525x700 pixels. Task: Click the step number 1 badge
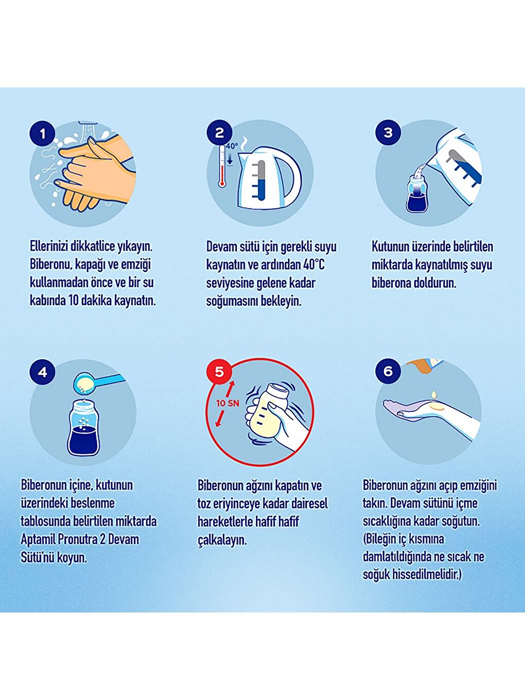tap(42, 134)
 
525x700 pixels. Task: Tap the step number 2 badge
tap(219, 132)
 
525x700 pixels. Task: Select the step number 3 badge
tap(388, 132)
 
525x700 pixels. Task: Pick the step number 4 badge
tap(42, 372)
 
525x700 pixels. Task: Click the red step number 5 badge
tap(219, 371)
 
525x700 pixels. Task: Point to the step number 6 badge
tap(388, 371)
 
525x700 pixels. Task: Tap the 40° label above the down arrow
tap(232, 146)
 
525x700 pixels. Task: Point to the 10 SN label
tap(227, 403)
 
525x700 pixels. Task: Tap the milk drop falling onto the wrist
tap(434, 394)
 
